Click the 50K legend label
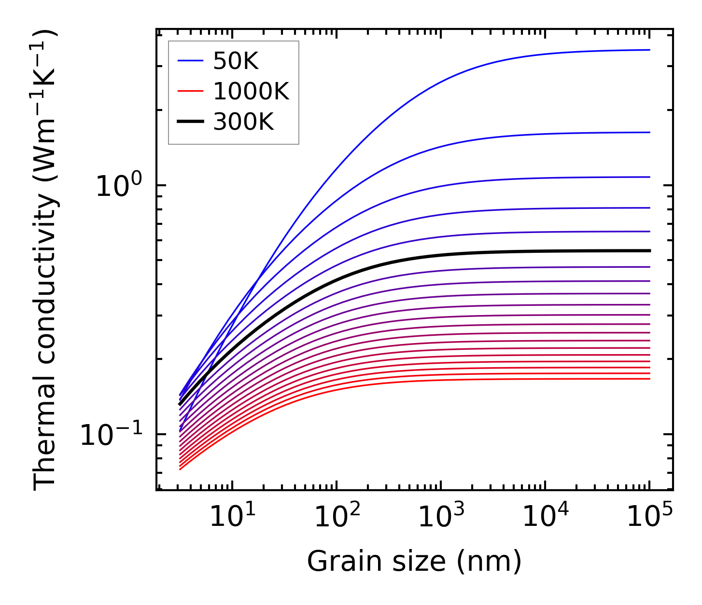[x=235, y=61]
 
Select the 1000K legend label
[x=251, y=91]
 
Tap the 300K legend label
[x=243, y=122]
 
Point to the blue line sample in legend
[x=191, y=61]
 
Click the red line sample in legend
[x=191, y=91]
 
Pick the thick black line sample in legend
[x=191, y=122]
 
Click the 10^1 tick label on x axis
[x=233, y=517]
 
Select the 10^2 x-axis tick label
[x=337, y=517]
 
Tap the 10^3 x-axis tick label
[x=441, y=517]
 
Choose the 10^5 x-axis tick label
[x=649, y=517]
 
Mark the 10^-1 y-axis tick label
[x=112, y=434]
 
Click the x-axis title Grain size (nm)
[x=414, y=562]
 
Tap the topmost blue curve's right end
[x=649, y=50]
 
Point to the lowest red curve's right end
[x=649, y=379]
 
